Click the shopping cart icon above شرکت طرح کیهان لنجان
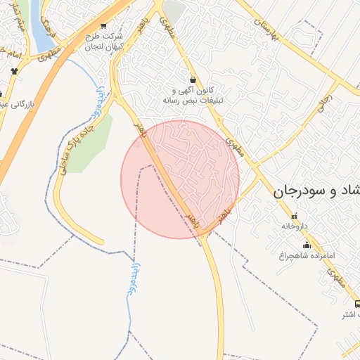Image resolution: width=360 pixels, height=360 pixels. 104,26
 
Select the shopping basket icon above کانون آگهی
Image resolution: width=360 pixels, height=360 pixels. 193,80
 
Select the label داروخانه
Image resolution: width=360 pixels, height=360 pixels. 294,226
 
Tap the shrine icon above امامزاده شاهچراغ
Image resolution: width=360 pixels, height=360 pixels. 306,245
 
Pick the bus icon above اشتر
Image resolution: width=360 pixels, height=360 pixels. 356,304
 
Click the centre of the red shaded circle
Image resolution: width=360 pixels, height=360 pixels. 180,179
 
